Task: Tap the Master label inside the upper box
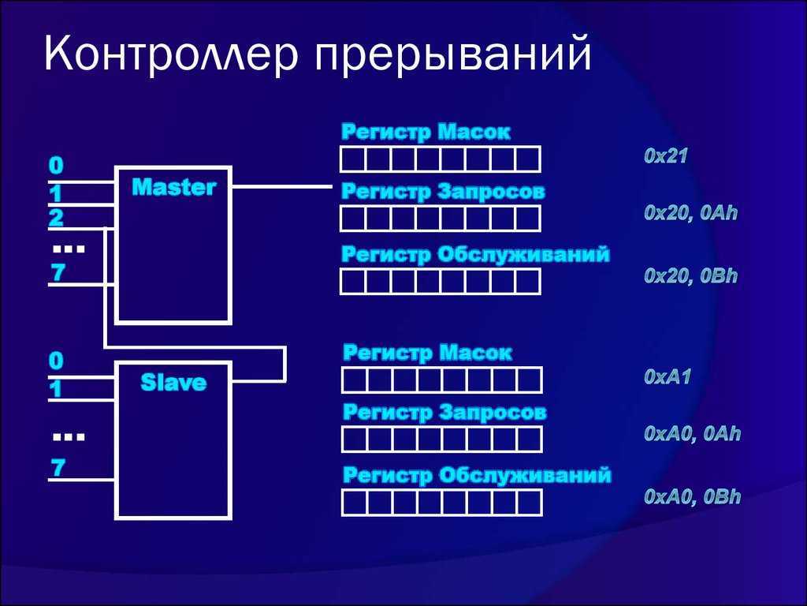click(173, 187)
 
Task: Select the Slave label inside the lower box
click(173, 383)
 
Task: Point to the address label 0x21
click(665, 155)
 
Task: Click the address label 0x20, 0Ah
click(690, 212)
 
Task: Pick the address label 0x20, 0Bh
click(690, 275)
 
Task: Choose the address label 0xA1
click(667, 376)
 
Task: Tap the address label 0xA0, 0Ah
click(692, 433)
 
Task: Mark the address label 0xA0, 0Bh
click(692, 496)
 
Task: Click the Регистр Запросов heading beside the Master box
click(443, 193)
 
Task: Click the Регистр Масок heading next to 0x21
click(426, 132)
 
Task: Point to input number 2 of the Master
click(56, 219)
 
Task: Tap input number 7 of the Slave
click(58, 468)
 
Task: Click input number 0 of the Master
click(56, 166)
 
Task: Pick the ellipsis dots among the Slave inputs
click(69, 437)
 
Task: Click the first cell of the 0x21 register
click(353, 159)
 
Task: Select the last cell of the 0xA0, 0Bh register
click(529, 503)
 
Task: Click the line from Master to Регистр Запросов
click(282, 186)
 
